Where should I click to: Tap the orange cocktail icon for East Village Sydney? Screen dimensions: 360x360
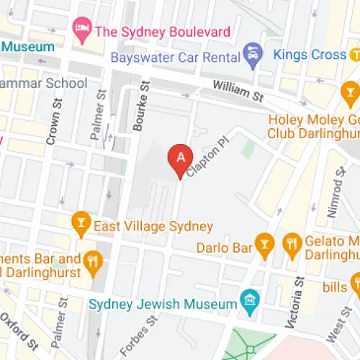coord(81,225)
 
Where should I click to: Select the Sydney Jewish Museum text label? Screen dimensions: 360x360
coord(163,302)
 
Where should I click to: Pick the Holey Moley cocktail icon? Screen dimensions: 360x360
coord(351,90)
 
